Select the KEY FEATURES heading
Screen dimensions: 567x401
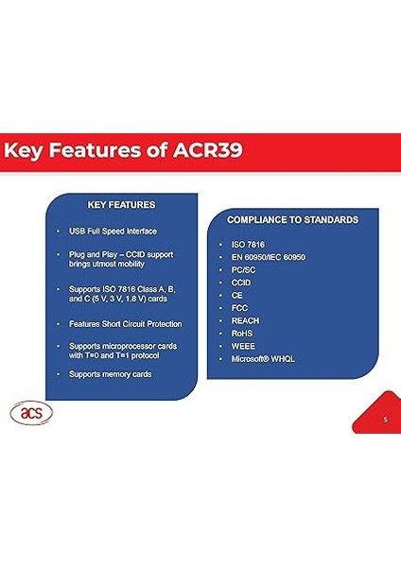click(x=121, y=204)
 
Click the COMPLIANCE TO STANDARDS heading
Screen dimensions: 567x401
click(x=292, y=219)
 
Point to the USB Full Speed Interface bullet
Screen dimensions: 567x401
click(x=113, y=232)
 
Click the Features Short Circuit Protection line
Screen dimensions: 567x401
click(x=125, y=324)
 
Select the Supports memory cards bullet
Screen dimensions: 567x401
click(x=110, y=374)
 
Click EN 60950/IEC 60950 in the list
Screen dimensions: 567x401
click(x=268, y=257)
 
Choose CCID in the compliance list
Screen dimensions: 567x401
click(x=241, y=283)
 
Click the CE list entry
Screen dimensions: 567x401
click(x=236, y=296)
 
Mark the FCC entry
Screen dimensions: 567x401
click(x=239, y=308)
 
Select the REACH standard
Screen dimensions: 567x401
click(x=244, y=321)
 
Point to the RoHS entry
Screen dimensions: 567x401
click(x=242, y=334)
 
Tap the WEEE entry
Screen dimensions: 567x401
click(x=242, y=346)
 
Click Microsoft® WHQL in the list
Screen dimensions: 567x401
click(x=261, y=359)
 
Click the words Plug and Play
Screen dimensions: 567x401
click(x=94, y=255)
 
